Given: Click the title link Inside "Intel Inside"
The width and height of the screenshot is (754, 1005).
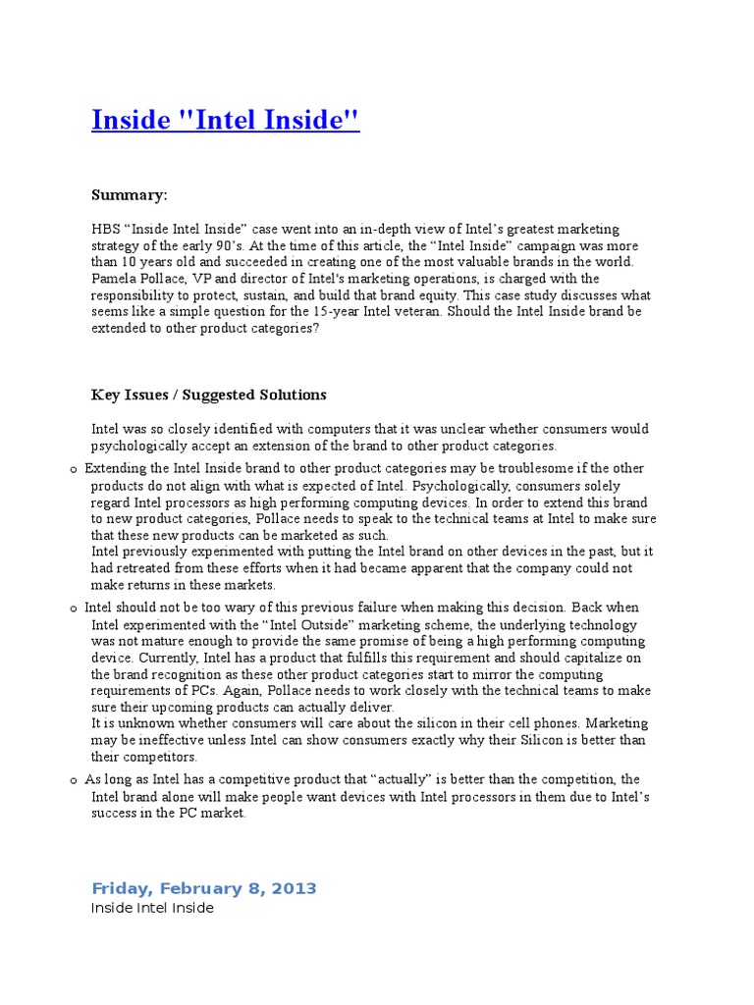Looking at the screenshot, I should point(226,120).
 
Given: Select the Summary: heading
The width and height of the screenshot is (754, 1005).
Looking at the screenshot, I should point(130,194).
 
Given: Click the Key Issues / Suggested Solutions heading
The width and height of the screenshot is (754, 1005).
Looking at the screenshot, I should point(208,395).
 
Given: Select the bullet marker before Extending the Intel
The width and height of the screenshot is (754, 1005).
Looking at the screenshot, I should point(74,470).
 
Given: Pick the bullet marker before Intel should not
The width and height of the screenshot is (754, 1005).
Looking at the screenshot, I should point(74,609).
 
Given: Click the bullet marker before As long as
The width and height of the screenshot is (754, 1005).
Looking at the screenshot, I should point(74,779).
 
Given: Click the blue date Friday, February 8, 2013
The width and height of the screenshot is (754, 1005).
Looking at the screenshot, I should point(204,888).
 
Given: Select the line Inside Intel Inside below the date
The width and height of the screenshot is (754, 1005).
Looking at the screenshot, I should point(152,909).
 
